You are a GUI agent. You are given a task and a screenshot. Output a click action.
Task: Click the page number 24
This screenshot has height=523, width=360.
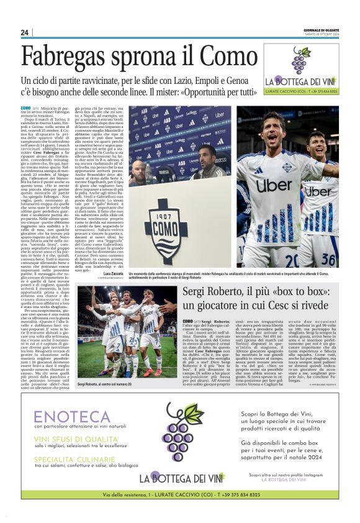click(x=25, y=32)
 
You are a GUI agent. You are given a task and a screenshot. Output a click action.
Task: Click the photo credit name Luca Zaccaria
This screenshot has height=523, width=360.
click(x=114, y=273)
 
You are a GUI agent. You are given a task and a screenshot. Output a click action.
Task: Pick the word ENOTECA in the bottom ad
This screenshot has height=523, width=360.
click(x=64, y=417)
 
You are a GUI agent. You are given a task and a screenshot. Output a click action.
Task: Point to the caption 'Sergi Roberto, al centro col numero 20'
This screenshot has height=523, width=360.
click(x=109, y=367)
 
